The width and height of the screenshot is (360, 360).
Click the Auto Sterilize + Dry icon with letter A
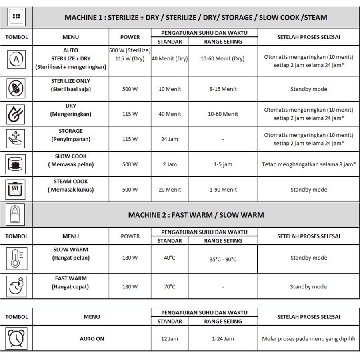click(x=16, y=59)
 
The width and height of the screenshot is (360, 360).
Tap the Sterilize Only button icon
click(x=16, y=89)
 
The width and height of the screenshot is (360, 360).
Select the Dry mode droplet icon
click(x=16, y=114)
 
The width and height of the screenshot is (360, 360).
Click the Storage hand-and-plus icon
click(x=16, y=139)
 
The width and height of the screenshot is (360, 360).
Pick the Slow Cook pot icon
click(x=16, y=164)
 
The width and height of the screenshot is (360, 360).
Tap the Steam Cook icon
click(x=16, y=189)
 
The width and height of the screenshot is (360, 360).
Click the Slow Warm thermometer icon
click(x=16, y=258)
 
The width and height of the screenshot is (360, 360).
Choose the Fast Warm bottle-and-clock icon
click(x=16, y=286)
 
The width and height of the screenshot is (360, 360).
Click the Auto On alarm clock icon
click(x=16, y=338)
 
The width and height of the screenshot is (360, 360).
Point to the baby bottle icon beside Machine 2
click(x=16, y=215)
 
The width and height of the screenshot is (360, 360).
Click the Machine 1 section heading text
click(x=196, y=18)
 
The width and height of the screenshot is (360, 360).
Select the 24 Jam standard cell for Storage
click(x=170, y=139)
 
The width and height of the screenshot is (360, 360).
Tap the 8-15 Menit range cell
click(x=223, y=89)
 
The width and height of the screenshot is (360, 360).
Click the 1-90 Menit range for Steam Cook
click(x=223, y=190)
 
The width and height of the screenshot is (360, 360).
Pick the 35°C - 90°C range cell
click(x=223, y=259)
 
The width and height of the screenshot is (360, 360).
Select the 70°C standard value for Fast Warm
click(x=170, y=286)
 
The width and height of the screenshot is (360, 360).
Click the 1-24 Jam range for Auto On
click(x=223, y=339)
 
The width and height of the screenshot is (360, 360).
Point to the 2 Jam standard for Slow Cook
click(x=170, y=164)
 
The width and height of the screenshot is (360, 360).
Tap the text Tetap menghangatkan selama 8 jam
click(x=308, y=164)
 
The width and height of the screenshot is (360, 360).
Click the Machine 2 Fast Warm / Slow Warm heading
click(x=196, y=215)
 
